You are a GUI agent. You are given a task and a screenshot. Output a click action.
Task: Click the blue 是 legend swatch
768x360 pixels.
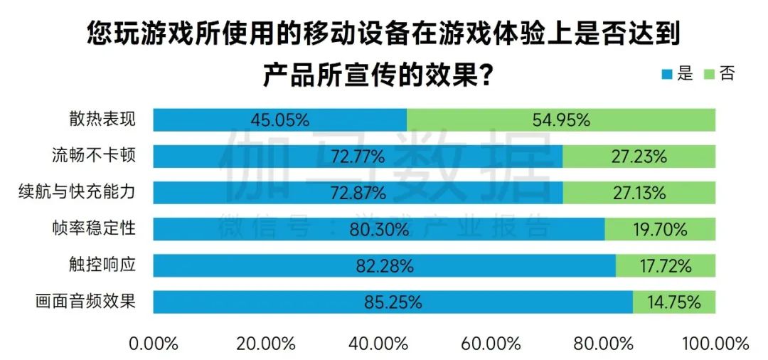click(666, 73)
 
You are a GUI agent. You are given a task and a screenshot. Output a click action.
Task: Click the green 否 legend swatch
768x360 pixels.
click(708, 73)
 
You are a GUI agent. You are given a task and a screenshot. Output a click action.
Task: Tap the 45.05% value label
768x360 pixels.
click(280, 120)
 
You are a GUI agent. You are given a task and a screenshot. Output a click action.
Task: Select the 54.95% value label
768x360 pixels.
click(561, 120)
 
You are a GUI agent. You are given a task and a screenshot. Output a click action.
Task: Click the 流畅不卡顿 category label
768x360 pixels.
click(93, 155)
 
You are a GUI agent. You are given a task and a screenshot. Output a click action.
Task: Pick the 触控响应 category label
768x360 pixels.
click(107, 265)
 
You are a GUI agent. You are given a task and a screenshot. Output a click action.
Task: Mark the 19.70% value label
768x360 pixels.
click(659, 229)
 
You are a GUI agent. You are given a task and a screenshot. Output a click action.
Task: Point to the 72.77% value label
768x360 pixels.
click(358, 157)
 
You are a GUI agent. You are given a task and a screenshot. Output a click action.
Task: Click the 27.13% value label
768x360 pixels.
click(638, 193)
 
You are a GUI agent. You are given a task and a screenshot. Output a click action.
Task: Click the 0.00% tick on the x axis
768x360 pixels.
click(154, 344)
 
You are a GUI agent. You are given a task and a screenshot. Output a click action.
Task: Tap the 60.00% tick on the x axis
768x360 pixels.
click(491, 344)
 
